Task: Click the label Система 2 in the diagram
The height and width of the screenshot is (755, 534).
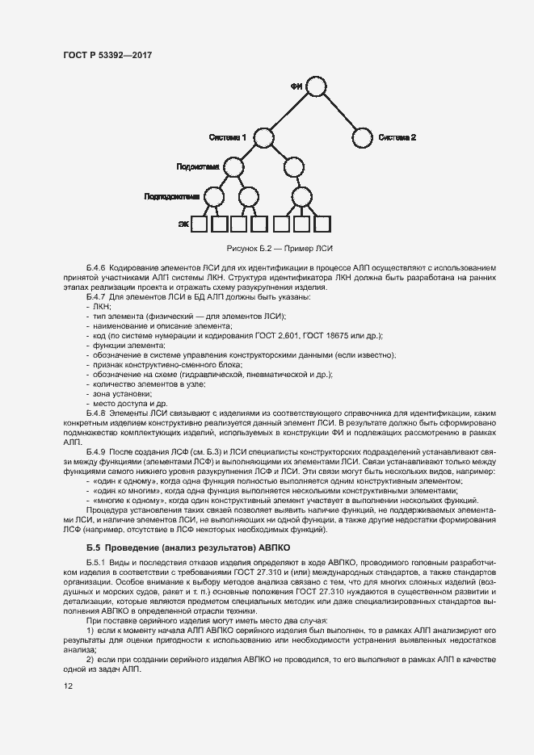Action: point(397,137)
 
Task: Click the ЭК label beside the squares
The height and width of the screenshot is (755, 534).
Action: point(183,224)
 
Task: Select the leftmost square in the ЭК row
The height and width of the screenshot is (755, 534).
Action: point(199,224)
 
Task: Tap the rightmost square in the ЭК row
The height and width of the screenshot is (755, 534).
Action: point(322,224)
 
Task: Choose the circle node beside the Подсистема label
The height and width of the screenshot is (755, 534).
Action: point(233,167)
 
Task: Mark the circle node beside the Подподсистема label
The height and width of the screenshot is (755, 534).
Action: point(213,196)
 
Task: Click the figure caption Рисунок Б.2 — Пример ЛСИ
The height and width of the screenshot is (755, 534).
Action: point(282,248)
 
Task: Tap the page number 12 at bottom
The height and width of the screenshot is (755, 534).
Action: point(68,686)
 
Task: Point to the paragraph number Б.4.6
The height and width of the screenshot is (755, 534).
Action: point(97,266)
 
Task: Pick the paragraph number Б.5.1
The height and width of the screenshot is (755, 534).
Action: point(97,560)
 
